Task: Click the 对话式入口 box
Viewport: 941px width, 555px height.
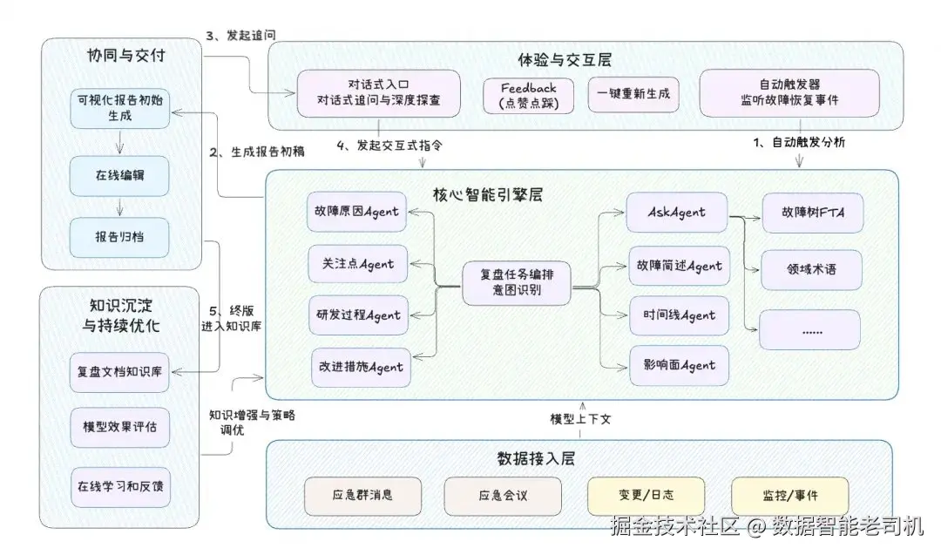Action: (378, 93)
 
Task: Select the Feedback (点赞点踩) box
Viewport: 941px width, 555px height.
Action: (528, 94)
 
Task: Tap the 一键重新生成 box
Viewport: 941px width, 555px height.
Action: (633, 94)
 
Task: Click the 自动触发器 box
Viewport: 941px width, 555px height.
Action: (789, 93)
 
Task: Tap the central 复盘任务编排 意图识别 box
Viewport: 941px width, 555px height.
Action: (516, 281)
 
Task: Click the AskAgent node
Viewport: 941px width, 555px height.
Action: (677, 213)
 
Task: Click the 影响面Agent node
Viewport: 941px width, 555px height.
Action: (677, 364)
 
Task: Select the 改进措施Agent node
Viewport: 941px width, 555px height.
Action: (357, 367)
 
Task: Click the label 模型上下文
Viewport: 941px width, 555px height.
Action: (581, 419)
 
